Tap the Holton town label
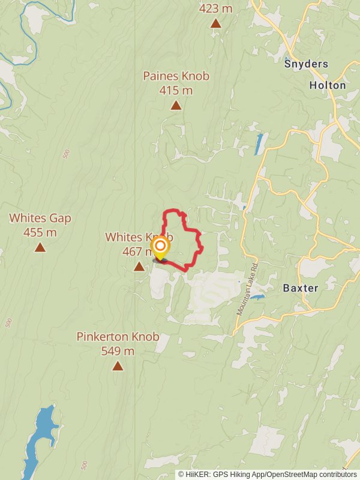pos(327,85)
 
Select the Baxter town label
pos(301,288)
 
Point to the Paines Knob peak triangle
pos(176,106)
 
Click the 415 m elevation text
pos(176,91)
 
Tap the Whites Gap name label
pos(40,218)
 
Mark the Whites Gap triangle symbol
pos(40,247)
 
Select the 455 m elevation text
pos(40,232)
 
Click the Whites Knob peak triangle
pos(139,266)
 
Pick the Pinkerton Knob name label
pos(118,337)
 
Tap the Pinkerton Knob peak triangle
pos(118,366)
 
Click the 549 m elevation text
pos(118,351)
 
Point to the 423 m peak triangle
pos(215,23)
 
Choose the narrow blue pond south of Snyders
pos(259,144)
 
